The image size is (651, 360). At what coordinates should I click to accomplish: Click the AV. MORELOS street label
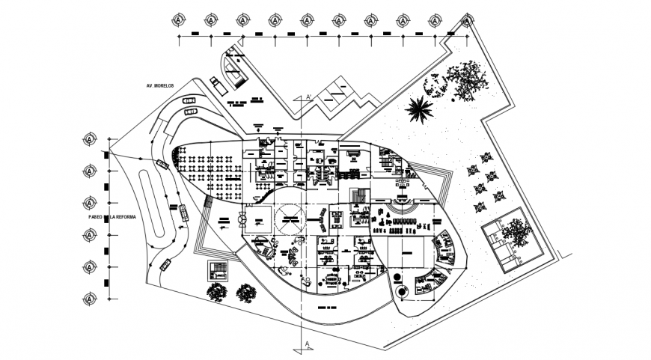point(161,87)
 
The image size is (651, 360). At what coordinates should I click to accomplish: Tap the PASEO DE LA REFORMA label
point(112,216)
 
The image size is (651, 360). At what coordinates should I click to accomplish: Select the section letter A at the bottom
point(307,344)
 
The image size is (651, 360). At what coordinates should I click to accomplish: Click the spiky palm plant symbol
point(418,109)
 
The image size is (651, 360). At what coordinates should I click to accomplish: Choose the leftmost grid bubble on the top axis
point(180,19)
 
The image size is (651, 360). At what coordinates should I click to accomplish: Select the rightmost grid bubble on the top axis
point(465,19)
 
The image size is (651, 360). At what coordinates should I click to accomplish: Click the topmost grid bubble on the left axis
point(90,139)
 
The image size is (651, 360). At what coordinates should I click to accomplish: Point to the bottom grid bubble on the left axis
point(90,299)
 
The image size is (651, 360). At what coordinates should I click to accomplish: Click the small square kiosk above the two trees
point(216,270)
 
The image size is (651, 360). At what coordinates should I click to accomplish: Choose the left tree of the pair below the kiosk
point(217,292)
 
